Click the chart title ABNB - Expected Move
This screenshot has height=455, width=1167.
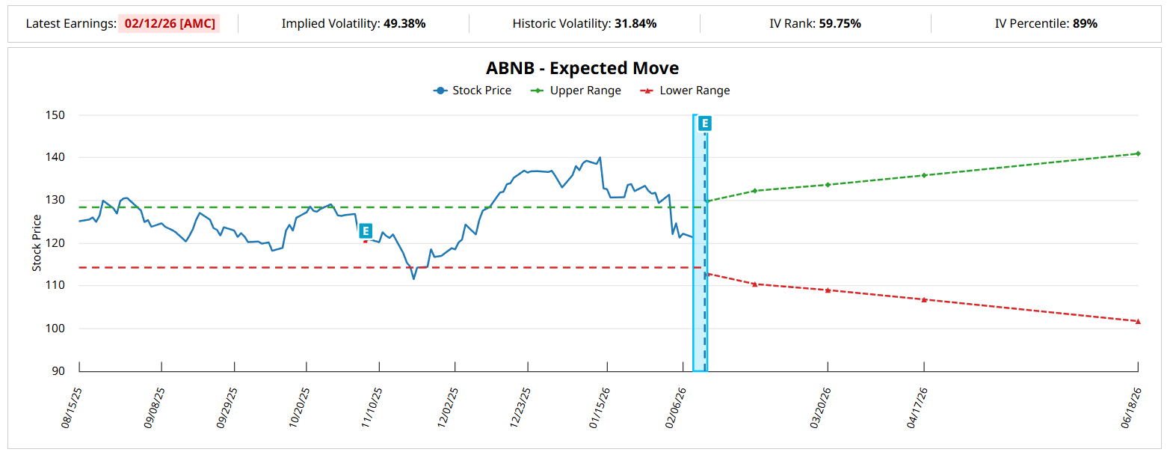tap(582, 68)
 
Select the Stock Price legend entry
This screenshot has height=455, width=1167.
tap(472, 91)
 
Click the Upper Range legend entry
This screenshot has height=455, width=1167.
tap(576, 91)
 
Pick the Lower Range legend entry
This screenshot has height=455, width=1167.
tap(686, 91)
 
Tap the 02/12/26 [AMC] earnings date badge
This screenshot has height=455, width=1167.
tap(170, 23)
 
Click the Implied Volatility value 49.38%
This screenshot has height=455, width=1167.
tap(404, 23)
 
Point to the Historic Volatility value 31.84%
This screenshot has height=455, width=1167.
tap(635, 23)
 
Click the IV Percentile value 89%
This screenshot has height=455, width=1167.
tap(1085, 23)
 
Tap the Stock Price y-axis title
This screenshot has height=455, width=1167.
tap(37, 243)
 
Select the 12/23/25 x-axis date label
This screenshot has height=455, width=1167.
tap(520, 409)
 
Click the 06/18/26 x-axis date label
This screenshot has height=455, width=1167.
tap(1131, 409)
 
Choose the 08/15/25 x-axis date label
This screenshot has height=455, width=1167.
tap(72, 409)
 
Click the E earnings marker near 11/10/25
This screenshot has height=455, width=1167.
tap(366, 230)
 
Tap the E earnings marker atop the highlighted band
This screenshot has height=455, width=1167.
tap(704, 123)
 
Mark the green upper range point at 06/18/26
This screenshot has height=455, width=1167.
tap(1138, 153)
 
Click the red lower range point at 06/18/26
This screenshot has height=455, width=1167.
tap(1138, 321)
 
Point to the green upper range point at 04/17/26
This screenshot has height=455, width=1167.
tap(924, 175)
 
